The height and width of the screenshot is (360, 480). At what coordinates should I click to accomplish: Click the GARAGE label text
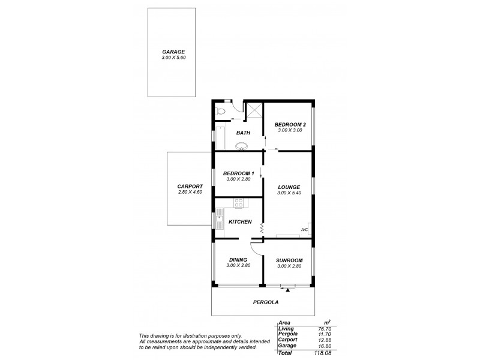(x=173, y=52)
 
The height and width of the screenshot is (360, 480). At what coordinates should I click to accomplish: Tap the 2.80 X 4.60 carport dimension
(x=190, y=192)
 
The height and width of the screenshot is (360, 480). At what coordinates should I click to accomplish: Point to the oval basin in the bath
(x=242, y=146)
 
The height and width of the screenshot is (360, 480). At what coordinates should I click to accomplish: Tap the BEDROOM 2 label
(x=290, y=125)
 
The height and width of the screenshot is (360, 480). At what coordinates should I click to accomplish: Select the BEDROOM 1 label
(x=238, y=173)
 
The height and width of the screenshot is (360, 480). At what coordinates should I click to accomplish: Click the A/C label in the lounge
(x=304, y=229)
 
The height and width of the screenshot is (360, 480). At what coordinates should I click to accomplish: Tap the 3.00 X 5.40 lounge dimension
(x=289, y=193)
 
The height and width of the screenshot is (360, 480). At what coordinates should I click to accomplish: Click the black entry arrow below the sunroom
(x=288, y=290)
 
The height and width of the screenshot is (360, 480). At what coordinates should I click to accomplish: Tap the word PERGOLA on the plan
(x=262, y=303)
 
